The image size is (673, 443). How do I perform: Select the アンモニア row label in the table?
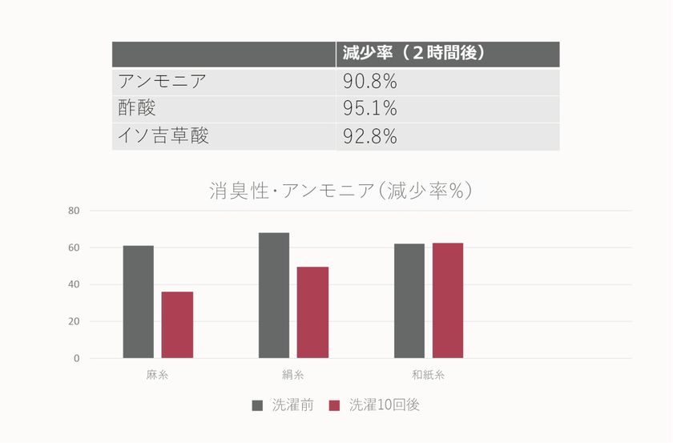coord(163,82)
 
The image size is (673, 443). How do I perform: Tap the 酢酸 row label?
coord(137,108)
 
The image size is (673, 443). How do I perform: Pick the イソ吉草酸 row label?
coord(163,135)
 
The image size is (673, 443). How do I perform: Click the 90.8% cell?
coord(370,82)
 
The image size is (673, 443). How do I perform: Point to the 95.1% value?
coord(370,108)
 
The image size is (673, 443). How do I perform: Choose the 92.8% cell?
coord(370,135)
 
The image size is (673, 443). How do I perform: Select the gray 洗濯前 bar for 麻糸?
coord(138,302)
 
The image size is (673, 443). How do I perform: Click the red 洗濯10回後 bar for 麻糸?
coord(177,324)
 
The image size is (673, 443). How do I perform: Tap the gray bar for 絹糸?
coord(274,296)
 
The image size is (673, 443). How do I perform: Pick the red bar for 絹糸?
coord(312,312)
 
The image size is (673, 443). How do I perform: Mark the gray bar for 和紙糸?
coord(409,301)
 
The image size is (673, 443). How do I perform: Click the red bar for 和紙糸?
coord(448,300)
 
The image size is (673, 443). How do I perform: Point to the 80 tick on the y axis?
coord(75,211)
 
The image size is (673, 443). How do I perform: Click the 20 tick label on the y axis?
coord(75,321)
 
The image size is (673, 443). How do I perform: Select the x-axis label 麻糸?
coord(157,375)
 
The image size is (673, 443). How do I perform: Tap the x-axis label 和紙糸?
coord(428,375)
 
